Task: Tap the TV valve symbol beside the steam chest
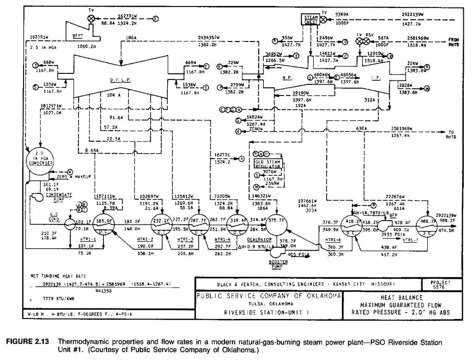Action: pos(324,20)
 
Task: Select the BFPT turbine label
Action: pos(77,35)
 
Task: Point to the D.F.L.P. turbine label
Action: pos(120,80)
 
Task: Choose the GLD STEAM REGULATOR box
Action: pos(268,164)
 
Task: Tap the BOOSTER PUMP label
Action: pos(278,263)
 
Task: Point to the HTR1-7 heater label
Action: pos(410,240)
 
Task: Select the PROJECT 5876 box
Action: pos(439,284)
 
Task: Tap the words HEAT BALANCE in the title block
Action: pos(401,298)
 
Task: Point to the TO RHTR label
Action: pos(451,134)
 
